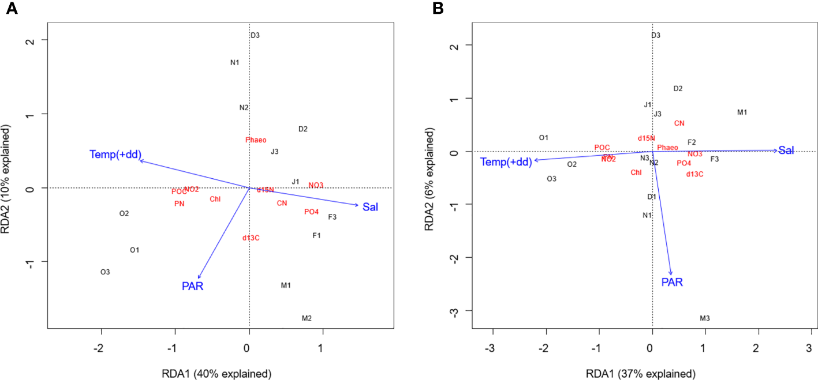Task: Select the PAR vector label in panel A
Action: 192,286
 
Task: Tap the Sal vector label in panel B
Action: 786,151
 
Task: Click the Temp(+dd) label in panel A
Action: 115,154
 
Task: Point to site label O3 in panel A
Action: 105,272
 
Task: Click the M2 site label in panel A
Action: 307,318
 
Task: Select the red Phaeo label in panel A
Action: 256,140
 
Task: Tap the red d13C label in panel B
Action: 694,174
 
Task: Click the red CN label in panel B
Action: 679,123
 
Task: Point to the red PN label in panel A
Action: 179,204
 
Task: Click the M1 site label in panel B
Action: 742,112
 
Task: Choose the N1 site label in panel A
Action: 234,62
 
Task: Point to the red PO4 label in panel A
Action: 311,212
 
